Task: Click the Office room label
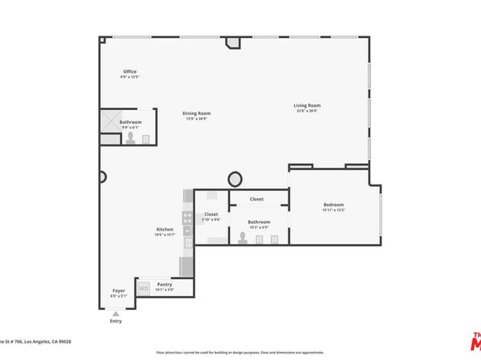[130, 72]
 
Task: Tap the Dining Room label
[195, 113]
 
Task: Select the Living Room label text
[307, 105]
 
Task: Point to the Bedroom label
[334, 205]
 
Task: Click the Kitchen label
[165, 230]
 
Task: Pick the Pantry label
[164, 284]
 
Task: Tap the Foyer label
[118, 291]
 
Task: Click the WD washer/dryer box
[143, 286]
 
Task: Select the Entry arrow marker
[116, 313]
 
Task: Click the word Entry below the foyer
[116, 321]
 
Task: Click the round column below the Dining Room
[236, 178]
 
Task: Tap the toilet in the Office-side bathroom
[130, 138]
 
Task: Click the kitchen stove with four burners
[188, 217]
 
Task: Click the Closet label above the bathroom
[257, 199]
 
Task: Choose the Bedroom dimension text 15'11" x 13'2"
[334, 210]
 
